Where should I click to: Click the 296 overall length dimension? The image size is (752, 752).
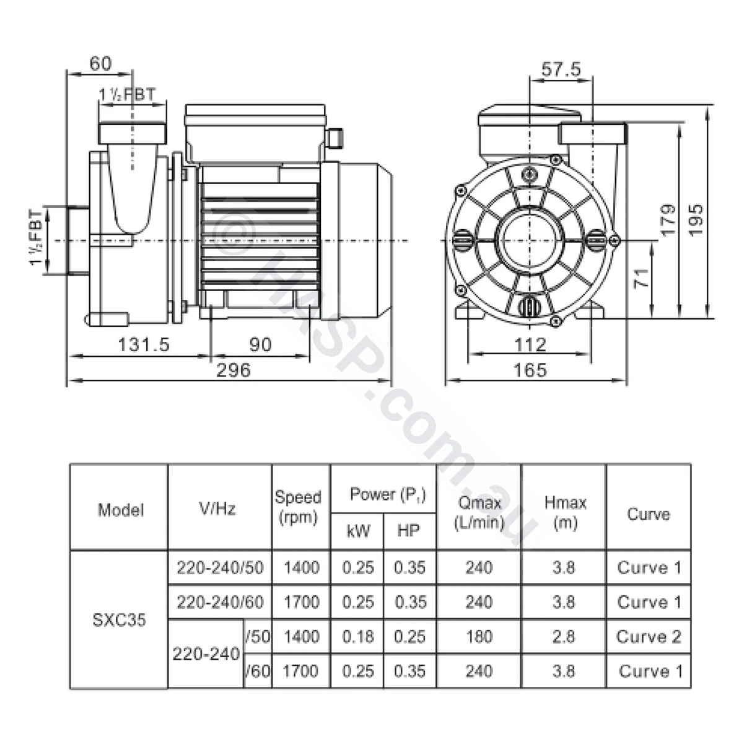[234, 370]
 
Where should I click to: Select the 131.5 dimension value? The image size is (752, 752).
[144, 344]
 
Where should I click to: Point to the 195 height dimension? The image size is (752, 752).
[696, 219]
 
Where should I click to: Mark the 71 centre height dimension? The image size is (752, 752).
[642, 276]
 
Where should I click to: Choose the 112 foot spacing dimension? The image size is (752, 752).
[530, 344]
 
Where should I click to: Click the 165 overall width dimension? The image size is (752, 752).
[530, 370]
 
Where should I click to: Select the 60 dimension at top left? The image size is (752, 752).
[100, 63]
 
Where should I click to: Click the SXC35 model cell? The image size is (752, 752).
[120, 619]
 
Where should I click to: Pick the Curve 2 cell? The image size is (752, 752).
[649, 637]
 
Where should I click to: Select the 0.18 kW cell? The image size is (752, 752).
[358, 637]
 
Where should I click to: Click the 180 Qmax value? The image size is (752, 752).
[479, 637]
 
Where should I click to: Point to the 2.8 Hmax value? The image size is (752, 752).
[563, 637]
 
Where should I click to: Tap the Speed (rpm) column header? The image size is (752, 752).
[299, 507]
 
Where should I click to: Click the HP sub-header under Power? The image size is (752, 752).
[409, 531]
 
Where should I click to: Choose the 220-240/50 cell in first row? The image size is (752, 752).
[220, 567]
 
